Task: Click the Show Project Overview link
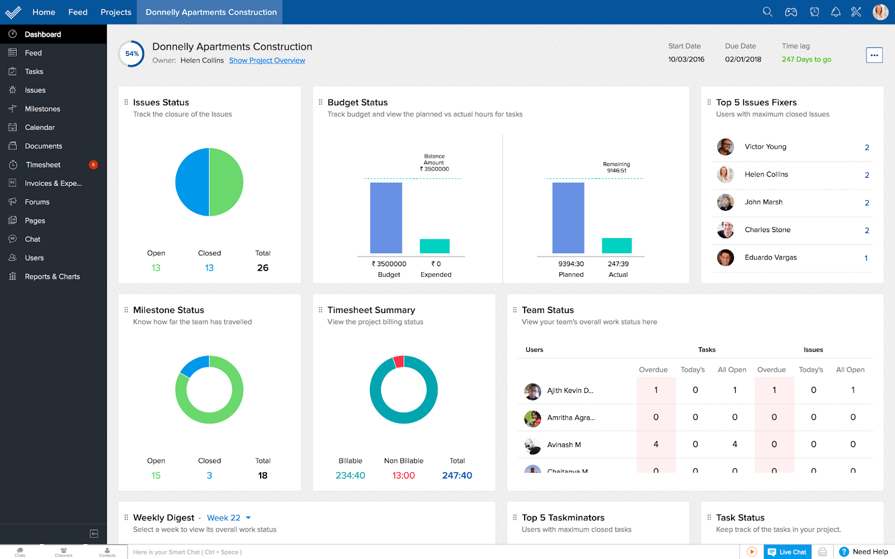pos(267,60)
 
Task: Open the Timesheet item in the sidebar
pos(43,165)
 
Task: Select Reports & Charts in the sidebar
pos(52,277)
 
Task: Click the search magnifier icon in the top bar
pos(767,12)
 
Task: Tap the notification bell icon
pos(836,12)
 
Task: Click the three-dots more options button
pos(874,55)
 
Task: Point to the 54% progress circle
pos(132,54)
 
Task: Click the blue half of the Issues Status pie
pos(192,182)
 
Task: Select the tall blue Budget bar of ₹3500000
pos(386,218)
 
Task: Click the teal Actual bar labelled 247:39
pos(616,246)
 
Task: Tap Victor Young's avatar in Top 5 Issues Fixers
pos(726,147)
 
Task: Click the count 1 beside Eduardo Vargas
pos(866,258)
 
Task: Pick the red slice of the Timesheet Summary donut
pos(399,361)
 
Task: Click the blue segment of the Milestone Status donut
pos(194,366)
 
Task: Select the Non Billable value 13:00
pos(403,476)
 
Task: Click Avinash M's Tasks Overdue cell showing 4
pos(656,444)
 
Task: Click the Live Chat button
pos(787,552)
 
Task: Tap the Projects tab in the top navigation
pos(116,12)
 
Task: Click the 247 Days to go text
pos(806,59)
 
